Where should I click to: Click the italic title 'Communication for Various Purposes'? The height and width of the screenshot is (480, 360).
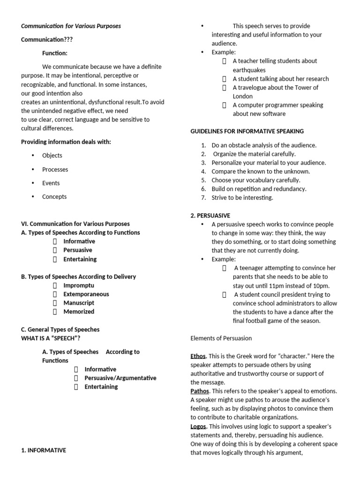click(x=71, y=26)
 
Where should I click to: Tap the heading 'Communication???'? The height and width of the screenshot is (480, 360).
click(x=47, y=40)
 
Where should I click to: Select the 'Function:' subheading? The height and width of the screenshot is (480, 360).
click(x=55, y=53)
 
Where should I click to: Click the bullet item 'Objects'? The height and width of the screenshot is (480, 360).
click(x=52, y=156)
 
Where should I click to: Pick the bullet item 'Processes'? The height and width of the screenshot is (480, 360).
click(x=55, y=170)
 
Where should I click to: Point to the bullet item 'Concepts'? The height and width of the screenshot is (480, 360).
click(x=54, y=197)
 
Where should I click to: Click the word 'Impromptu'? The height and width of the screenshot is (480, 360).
click(x=79, y=285)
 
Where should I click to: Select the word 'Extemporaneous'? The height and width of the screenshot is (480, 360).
click(x=86, y=294)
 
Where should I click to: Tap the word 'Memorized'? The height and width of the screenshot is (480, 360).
click(x=79, y=312)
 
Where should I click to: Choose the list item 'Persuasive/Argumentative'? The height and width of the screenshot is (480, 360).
click(x=120, y=378)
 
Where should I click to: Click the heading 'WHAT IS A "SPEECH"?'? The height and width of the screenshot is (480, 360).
click(x=54, y=338)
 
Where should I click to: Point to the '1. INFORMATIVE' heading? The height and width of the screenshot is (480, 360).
click(x=44, y=450)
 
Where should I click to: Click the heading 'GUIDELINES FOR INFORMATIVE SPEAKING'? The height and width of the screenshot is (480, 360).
click(x=247, y=131)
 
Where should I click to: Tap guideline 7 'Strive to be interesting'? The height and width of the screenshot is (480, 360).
click(x=242, y=198)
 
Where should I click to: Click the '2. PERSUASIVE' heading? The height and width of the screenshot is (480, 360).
click(x=210, y=216)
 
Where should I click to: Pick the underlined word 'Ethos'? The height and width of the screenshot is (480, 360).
click(x=198, y=356)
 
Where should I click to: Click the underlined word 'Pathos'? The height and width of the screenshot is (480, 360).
click(x=200, y=391)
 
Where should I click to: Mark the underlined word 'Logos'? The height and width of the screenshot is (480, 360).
click(x=198, y=427)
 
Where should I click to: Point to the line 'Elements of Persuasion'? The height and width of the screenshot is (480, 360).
click(x=221, y=338)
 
